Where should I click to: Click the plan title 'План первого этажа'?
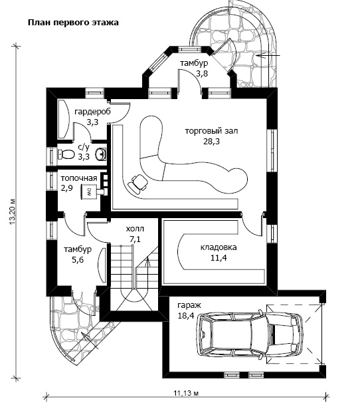[x=73, y=23]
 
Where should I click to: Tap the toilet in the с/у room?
[x=66, y=154]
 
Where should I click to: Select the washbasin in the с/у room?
[x=100, y=154]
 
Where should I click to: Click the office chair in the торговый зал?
[x=137, y=183]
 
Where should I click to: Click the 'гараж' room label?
[x=189, y=305]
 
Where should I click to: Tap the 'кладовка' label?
[x=219, y=247]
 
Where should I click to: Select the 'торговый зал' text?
[x=212, y=131]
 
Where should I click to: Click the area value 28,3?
[x=212, y=142]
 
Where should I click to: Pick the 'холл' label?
[x=135, y=229]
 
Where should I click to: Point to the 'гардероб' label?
[x=93, y=112]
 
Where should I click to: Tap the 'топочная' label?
[x=79, y=178]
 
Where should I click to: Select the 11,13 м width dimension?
[x=187, y=394]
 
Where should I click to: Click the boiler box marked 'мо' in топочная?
[x=89, y=192]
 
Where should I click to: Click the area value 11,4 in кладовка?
[x=219, y=257]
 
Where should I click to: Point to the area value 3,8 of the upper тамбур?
[x=202, y=74]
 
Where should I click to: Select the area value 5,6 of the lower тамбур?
[x=78, y=260]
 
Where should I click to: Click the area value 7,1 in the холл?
[x=135, y=239]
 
